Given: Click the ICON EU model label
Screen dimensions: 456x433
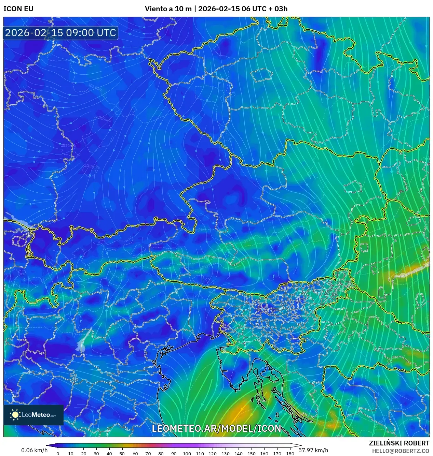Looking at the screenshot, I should tap(18, 9).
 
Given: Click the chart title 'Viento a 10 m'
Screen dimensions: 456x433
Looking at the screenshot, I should tap(168, 9).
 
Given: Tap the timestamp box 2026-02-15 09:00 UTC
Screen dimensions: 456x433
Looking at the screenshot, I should tap(60, 33).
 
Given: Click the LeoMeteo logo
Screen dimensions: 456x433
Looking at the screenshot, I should tap(33, 415).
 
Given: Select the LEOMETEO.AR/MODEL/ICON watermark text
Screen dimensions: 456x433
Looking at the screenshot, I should tap(216, 428).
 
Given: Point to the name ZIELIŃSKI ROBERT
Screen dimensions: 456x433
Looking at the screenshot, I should tap(399, 443).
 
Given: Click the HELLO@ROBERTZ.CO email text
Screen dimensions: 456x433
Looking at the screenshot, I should tap(401, 451).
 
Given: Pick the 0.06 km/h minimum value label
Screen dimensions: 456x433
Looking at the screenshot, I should tap(34, 450).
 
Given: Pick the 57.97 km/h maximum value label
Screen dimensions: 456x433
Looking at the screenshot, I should tap(313, 450).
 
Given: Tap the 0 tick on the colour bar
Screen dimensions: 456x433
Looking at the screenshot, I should tap(58, 454).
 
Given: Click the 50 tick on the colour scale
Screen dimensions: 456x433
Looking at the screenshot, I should tap(122, 454).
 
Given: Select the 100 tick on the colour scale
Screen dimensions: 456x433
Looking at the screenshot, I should tap(187, 454).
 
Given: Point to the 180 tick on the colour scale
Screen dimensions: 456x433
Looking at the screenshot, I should tap(290, 454).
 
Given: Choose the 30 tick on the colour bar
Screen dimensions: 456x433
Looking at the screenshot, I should tap(96, 454).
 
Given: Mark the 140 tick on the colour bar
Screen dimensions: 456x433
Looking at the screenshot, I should tap(238, 454).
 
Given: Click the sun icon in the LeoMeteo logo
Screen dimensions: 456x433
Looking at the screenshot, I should tap(15, 415).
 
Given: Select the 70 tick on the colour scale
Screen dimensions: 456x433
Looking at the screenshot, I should tap(148, 454).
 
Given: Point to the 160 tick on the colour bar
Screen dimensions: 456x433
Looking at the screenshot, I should tap(264, 454).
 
